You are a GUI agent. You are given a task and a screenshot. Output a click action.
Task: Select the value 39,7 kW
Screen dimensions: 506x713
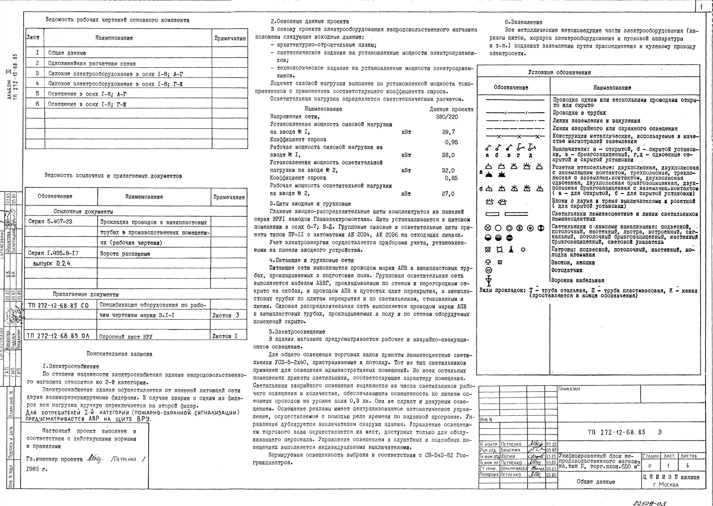pyautogui.click(x=449, y=132)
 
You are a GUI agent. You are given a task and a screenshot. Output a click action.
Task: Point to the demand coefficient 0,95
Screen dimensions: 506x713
pyautogui.click(x=451, y=142)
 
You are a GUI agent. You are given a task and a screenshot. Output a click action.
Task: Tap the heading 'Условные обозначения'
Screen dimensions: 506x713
pyautogui.click(x=559, y=72)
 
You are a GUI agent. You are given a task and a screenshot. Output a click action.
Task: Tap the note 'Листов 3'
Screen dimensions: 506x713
pyautogui.click(x=225, y=315)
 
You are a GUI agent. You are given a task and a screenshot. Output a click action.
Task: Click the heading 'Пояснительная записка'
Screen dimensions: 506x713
pyautogui.click(x=119, y=354)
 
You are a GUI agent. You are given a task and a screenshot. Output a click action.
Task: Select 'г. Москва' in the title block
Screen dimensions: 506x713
pyautogui.click(x=666, y=484)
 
